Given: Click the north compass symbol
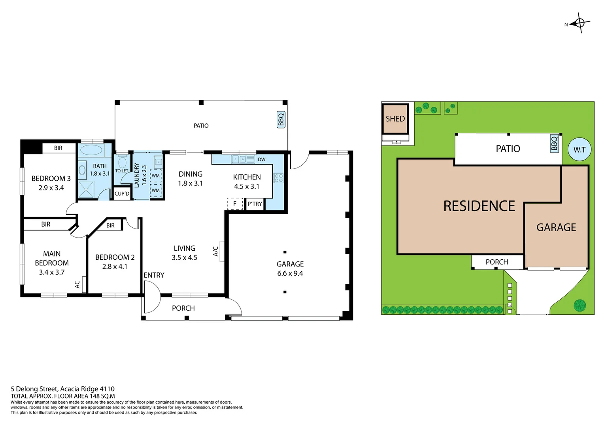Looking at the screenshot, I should [x=580, y=23].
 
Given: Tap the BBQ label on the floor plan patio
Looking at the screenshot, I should [x=281, y=119].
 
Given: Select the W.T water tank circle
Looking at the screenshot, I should [x=579, y=149].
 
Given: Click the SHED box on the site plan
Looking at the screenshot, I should [x=395, y=119].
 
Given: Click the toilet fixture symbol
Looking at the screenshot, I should [x=122, y=162].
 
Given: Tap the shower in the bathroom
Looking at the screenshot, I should [x=86, y=190].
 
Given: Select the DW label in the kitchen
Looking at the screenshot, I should [x=261, y=159].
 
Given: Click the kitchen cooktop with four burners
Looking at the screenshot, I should [x=278, y=178].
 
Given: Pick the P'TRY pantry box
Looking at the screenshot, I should [x=255, y=204].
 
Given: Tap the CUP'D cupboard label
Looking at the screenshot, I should [x=122, y=194].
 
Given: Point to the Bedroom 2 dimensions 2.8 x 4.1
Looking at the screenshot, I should [x=115, y=266].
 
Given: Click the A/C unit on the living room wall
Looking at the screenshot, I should [x=222, y=251].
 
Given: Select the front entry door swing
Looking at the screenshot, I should [x=151, y=297].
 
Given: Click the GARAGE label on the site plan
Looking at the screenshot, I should [x=556, y=227].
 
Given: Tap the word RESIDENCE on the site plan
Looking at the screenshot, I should [x=479, y=206].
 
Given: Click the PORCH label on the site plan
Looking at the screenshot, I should [x=496, y=262].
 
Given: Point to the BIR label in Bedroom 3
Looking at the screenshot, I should [x=58, y=148].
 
